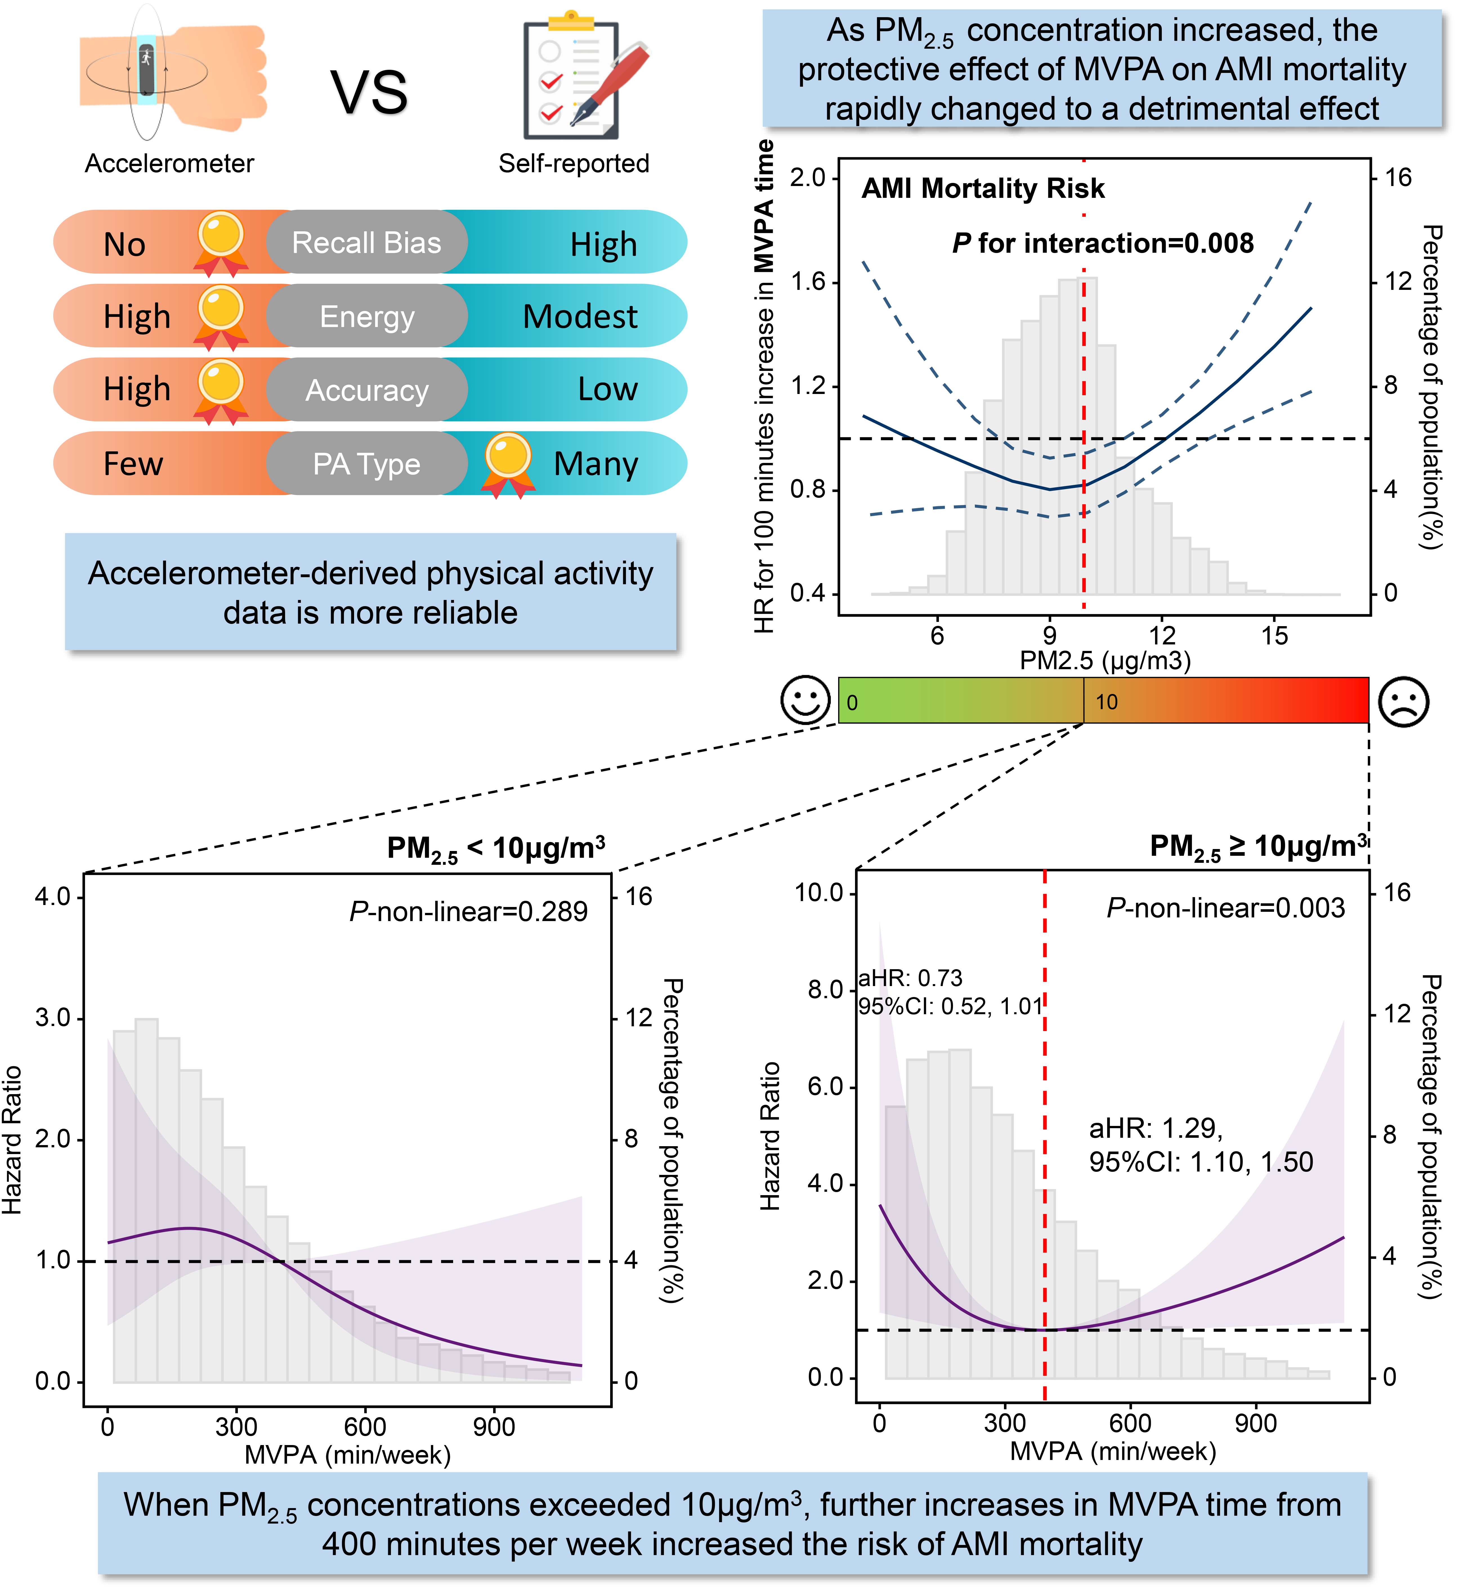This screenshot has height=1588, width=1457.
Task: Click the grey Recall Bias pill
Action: (367, 243)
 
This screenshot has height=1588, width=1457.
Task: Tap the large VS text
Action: (369, 92)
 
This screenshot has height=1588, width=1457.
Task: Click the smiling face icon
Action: (805, 699)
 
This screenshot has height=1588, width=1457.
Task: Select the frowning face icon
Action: (1404, 701)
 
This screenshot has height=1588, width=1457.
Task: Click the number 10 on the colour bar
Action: (1106, 702)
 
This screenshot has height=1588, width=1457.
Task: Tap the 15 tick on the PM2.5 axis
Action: (1274, 635)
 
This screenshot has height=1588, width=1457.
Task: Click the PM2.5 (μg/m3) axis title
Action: (1105, 660)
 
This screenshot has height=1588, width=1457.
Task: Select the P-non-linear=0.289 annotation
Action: (468, 911)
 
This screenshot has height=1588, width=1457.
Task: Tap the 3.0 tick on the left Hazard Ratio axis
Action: (53, 1018)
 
